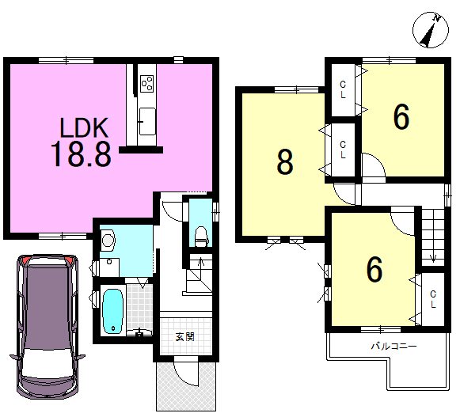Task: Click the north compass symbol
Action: click(431, 30)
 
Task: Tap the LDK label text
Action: click(84, 128)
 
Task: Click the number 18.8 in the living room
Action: click(81, 154)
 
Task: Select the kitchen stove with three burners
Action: click(147, 83)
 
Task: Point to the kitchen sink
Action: click(147, 121)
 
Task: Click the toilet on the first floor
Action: click(201, 237)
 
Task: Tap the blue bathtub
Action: click(113, 311)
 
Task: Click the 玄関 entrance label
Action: click(185, 337)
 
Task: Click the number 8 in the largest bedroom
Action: click(285, 161)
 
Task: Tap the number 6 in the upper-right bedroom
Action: click(401, 117)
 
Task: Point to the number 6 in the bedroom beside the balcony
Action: click(374, 269)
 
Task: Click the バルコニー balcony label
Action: click(393, 347)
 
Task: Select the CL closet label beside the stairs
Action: click(433, 299)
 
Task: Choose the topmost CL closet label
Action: click(343, 89)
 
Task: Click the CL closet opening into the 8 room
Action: click(343, 150)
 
